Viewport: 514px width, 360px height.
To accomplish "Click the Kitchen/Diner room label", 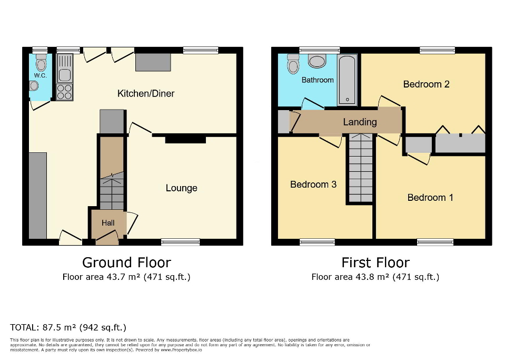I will coord(145,94).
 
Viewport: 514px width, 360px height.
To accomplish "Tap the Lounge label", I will coord(181,188).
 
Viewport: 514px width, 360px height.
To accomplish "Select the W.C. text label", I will coord(41,76).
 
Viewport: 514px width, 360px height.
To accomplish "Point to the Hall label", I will coord(108,223).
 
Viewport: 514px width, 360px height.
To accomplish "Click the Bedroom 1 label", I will coord(430,198).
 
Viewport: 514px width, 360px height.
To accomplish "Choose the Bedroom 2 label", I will coord(426,84).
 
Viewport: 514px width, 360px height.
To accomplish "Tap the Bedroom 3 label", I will coord(313,184).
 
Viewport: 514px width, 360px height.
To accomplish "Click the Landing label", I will coord(360,122).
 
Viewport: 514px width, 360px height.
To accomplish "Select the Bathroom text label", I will coord(318,80).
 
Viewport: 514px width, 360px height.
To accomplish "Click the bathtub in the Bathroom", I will coord(347,80).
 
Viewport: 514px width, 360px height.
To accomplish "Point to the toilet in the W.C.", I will coord(41,64).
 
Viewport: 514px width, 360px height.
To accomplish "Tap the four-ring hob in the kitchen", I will coord(64,92).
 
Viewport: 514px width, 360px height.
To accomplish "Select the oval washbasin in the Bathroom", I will coord(317,61).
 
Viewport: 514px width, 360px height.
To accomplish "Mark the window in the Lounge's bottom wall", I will coord(181,242).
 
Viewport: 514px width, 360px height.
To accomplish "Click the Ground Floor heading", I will coord(126,262).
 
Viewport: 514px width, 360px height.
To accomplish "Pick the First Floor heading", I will coord(375,262).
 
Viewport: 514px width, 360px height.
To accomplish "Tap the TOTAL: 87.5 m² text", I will coord(68,327).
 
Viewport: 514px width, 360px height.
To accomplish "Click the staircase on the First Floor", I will coord(360,168).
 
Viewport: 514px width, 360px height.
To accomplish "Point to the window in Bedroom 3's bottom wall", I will coord(317,242).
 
